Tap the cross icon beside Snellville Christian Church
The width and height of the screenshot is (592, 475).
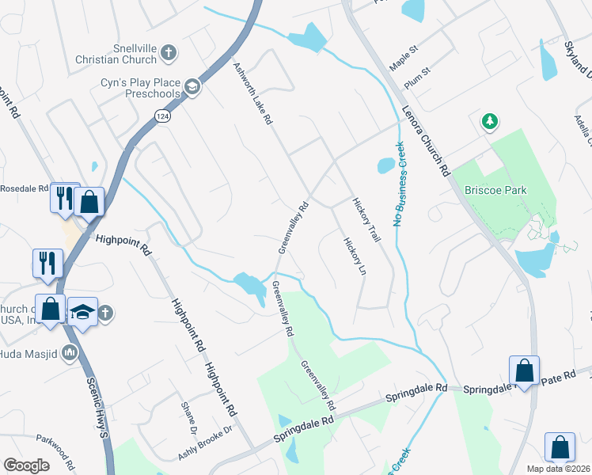click(x=168, y=53)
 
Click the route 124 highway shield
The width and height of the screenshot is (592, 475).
click(x=161, y=116)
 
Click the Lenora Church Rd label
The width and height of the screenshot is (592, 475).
click(x=426, y=140)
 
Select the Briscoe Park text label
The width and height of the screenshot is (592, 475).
click(x=495, y=190)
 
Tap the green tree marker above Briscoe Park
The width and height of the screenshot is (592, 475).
click(x=491, y=121)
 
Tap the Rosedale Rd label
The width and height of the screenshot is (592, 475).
click(x=24, y=188)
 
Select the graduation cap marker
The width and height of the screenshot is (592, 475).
click(x=82, y=311)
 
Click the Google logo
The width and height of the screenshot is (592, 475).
click(x=26, y=465)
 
